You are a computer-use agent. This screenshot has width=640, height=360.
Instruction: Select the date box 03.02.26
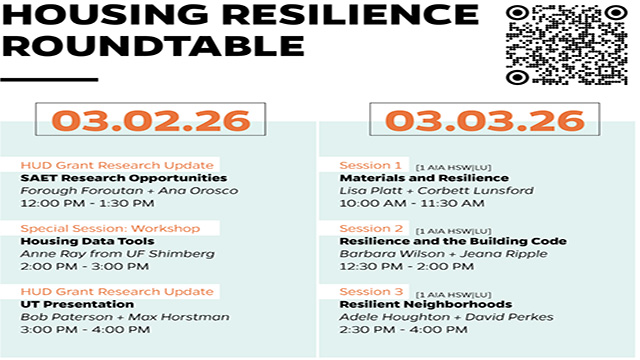click(x=152, y=120)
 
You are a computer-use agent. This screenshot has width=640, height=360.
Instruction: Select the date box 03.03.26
click(x=475, y=120)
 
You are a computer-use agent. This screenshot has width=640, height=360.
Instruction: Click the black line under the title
click(x=49, y=79)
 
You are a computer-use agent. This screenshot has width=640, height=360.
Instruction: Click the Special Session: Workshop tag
click(x=110, y=228)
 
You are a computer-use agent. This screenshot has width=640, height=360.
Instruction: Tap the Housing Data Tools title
click(x=87, y=241)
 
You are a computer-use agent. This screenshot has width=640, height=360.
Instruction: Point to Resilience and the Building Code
click(x=453, y=241)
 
